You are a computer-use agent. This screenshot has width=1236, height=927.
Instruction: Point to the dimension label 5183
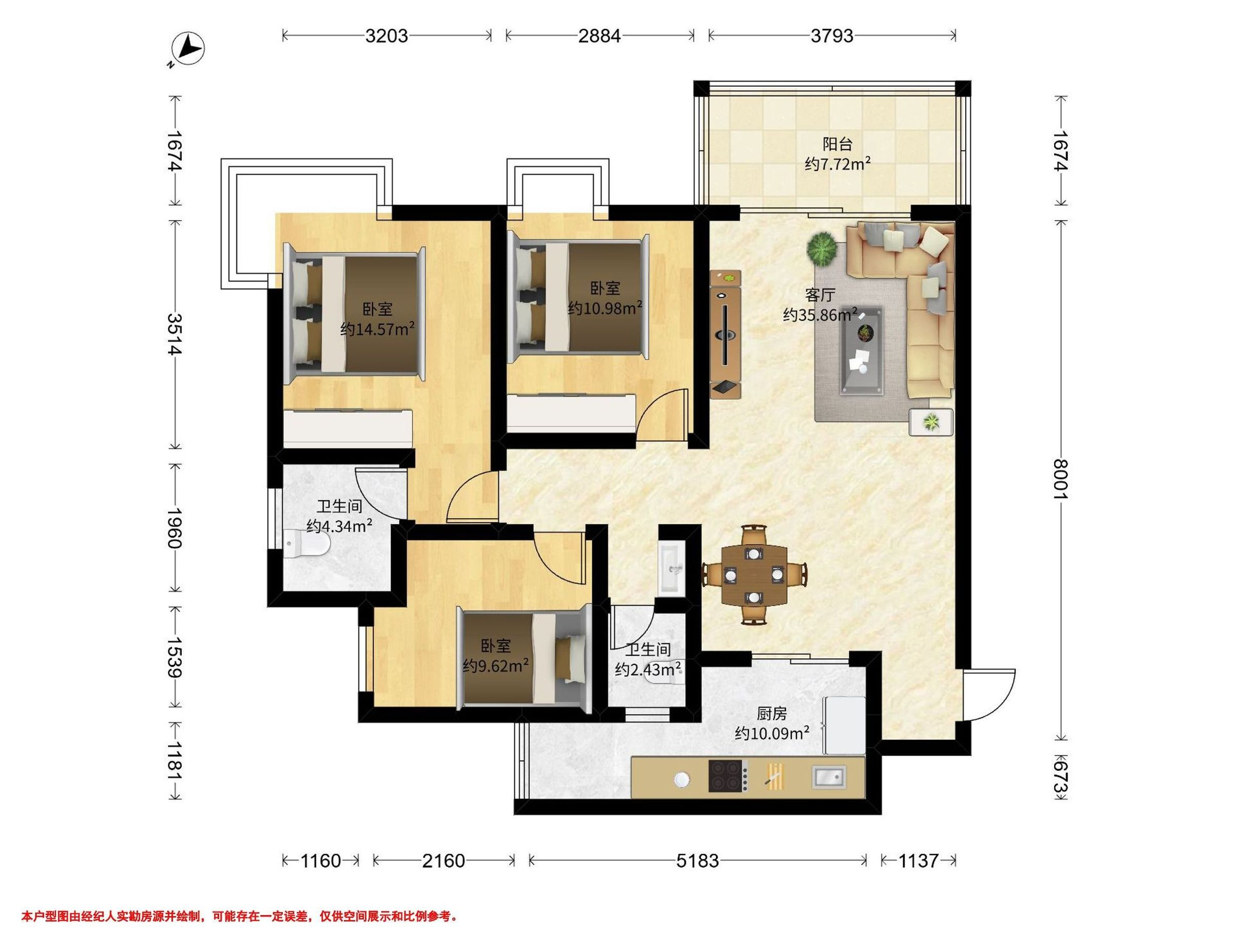[697, 861]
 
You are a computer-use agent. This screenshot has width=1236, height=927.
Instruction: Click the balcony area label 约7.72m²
[838, 164]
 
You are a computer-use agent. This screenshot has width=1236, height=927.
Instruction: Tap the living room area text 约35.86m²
[820, 315]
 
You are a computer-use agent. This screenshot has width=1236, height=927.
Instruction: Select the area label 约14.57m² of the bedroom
[377, 329]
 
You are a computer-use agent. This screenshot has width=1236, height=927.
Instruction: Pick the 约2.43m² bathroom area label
[648, 669]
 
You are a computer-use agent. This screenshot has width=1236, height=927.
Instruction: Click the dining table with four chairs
[754, 574]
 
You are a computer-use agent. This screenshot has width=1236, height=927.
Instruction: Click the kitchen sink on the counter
[829, 777]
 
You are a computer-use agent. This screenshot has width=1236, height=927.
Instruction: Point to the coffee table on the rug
[863, 351]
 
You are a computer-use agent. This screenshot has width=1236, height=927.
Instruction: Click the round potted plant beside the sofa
[822, 250]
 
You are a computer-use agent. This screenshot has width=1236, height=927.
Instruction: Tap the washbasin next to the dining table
[671, 568]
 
